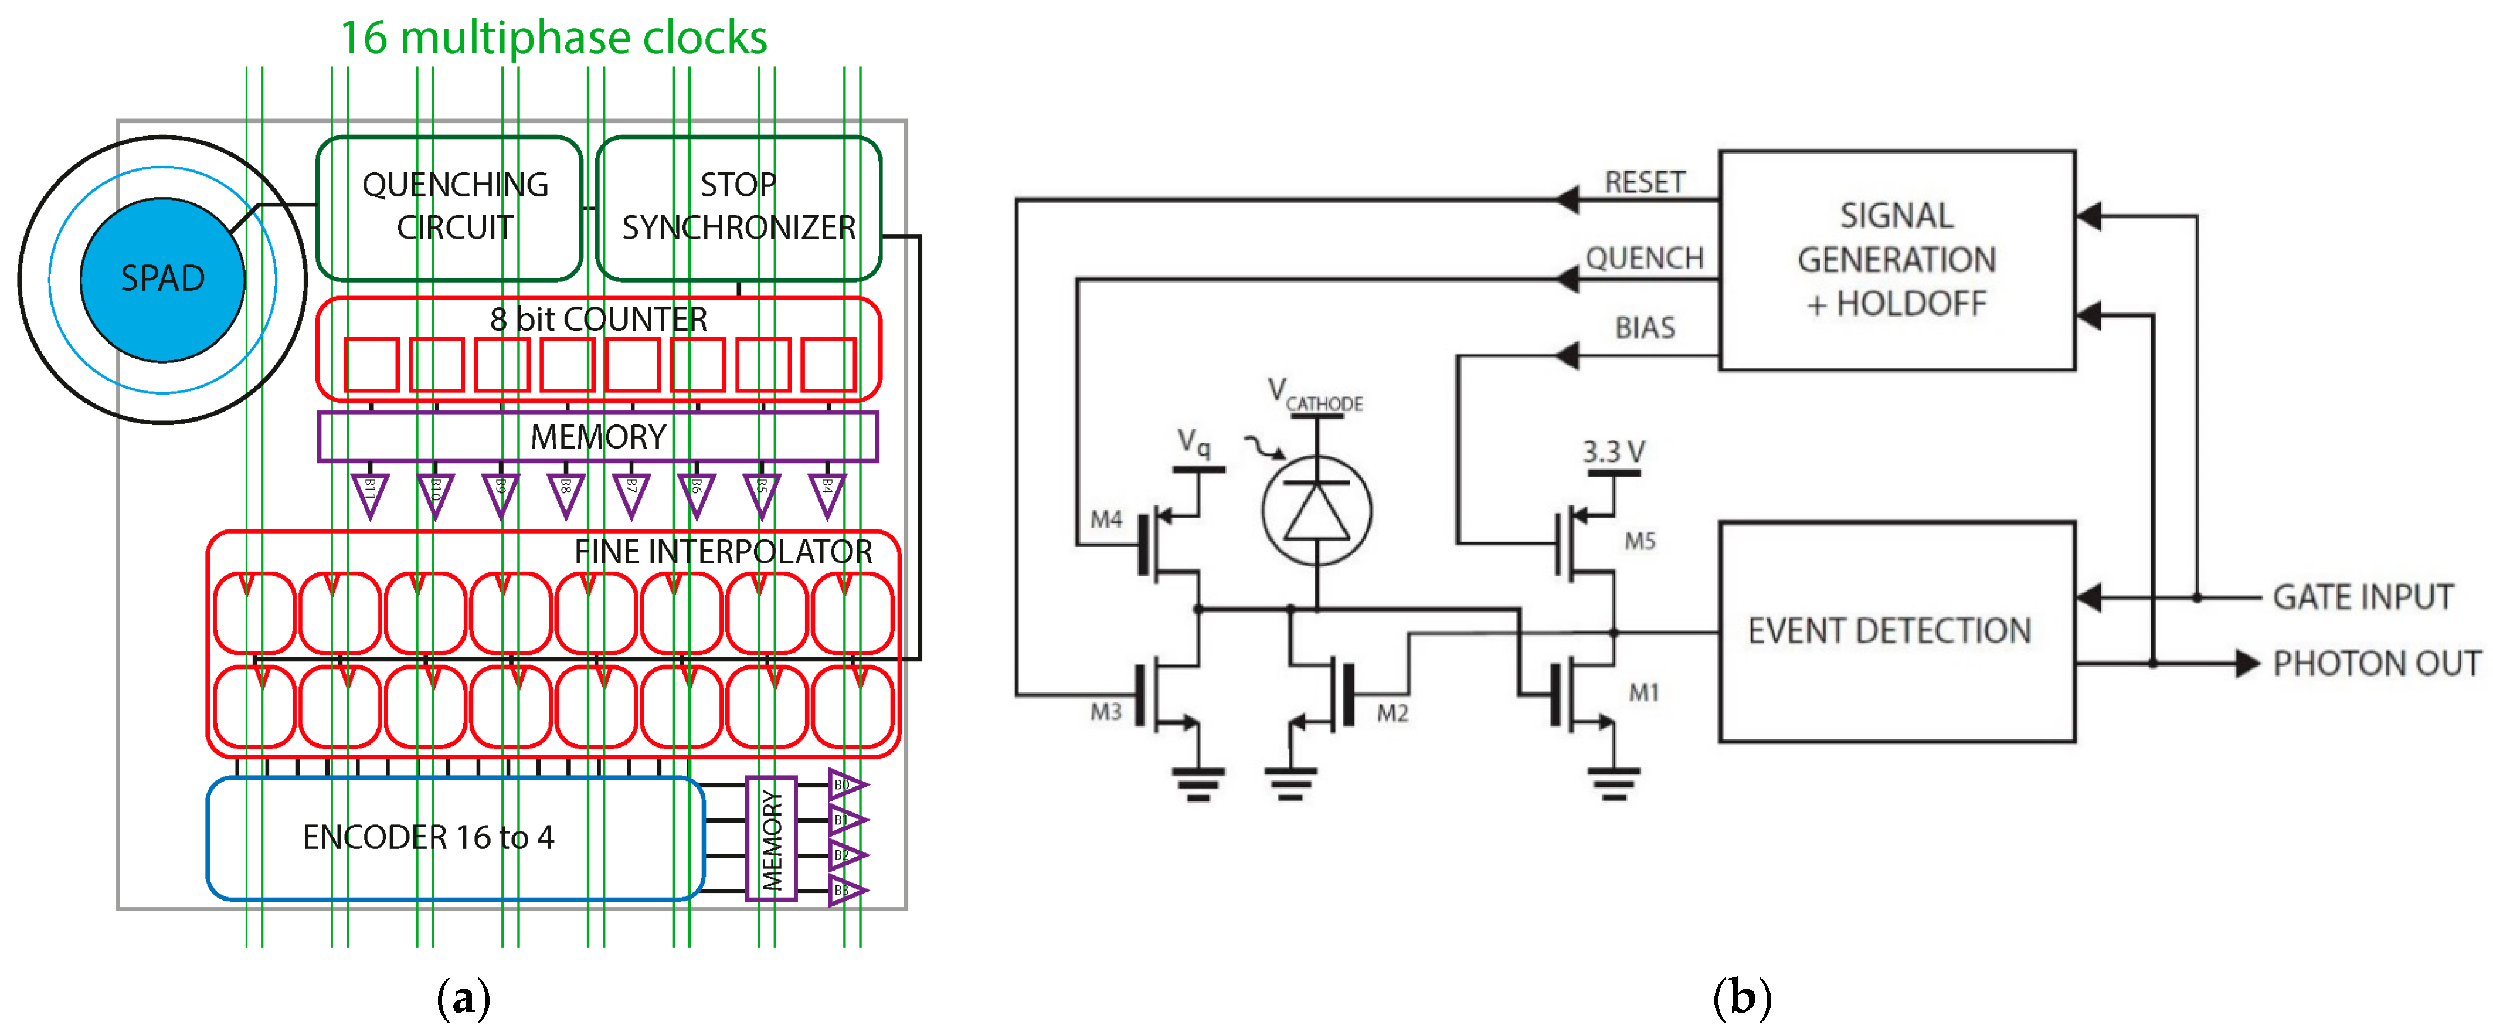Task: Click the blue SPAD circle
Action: pyautogui.click(x=162, y=278)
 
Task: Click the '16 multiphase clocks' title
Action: pyautogui.click(x=553, y=38)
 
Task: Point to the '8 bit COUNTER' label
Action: pyautogui.click(x=598, y=318)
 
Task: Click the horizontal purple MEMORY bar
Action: pyautogui.click(x=598, y=436)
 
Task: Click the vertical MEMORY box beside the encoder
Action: pyautogui.click(x=772, y=838)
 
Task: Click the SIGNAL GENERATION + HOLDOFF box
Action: pyautogui.click(x=1896, y=259)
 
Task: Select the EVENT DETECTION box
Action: pyautogui.click(x=1896, y=631)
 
